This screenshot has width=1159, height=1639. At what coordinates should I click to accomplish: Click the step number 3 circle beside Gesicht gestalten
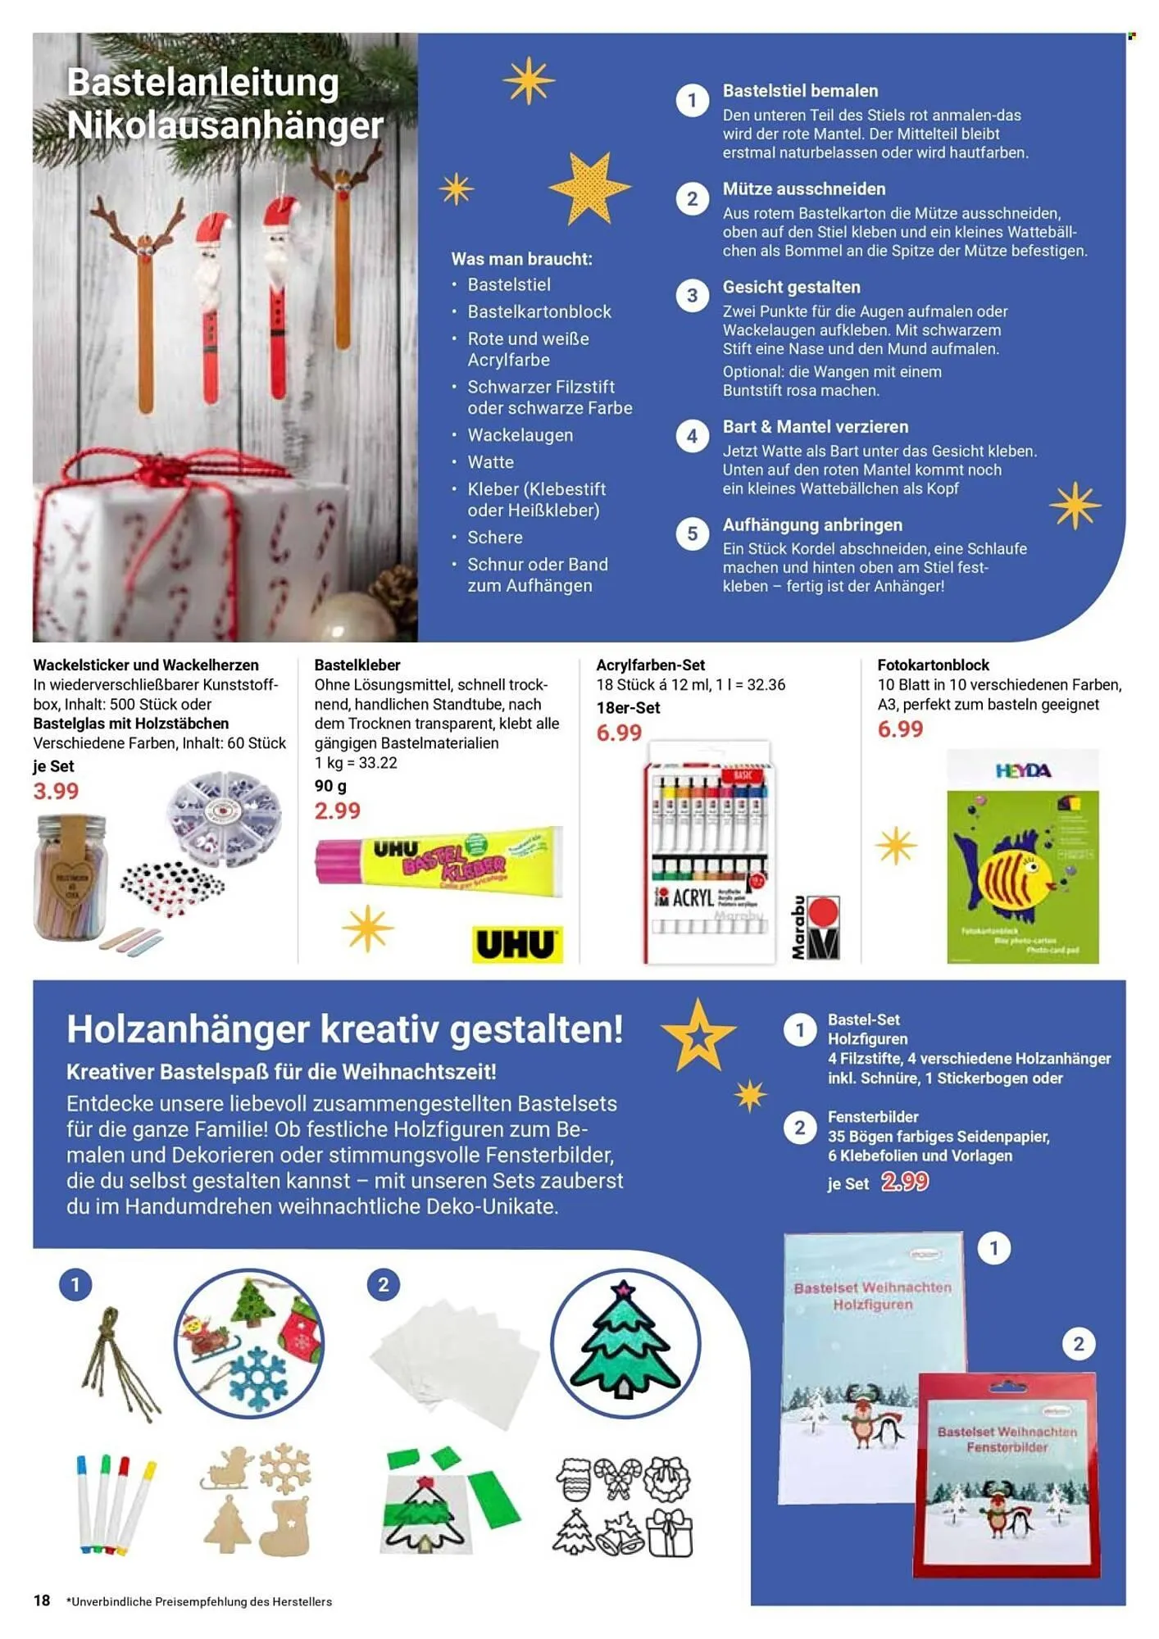(x=692, y=296)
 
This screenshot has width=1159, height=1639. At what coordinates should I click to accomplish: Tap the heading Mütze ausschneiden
(x=803, y=189)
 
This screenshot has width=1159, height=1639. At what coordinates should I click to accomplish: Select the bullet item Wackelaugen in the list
(x=520, y=435)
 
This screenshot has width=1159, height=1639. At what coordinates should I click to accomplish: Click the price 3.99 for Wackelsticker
(x=56, y=792)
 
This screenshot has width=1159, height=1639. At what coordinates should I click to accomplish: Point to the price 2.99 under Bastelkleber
(x=337, y=811)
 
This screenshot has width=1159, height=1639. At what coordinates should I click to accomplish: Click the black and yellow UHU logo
(x=517, y=945)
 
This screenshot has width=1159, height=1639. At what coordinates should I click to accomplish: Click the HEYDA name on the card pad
(x=1022, y=771)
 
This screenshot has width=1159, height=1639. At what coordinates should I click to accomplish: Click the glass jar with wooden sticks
(x=70, y=877)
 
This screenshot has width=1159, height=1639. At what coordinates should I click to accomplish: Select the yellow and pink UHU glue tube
(x=439, y=862)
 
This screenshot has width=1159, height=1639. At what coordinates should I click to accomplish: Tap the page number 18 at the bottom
(x=42, y=1600)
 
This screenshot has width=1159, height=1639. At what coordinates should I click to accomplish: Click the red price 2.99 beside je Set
(x=905, y=1182)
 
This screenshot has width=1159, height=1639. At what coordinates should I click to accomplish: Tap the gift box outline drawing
(x=670, y=1532)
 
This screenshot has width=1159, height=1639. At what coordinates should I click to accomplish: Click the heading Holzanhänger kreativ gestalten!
(x=344, y=1030)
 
